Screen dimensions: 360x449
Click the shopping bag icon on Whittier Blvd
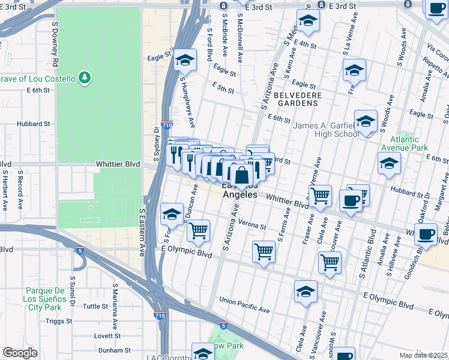241,176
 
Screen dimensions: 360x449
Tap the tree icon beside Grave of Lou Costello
85,78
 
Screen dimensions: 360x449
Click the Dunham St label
110,350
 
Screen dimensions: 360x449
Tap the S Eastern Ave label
143,233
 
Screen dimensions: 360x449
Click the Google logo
20,353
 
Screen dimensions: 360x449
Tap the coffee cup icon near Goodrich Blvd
426,235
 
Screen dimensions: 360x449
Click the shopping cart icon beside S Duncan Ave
198,230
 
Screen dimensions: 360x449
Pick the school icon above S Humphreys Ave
185,61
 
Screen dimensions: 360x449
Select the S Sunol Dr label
73,291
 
